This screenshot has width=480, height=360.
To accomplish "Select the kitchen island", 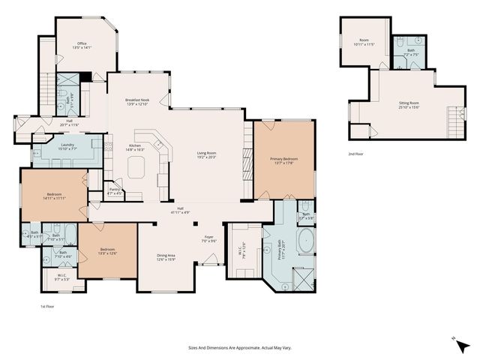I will [136, 170].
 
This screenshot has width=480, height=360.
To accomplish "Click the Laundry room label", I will [67, 147].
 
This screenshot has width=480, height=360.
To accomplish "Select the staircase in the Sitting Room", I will [451, 118].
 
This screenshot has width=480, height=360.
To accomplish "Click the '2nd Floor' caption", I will [355, 154].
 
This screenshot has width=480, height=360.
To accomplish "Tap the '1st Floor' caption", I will [48, 307].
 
